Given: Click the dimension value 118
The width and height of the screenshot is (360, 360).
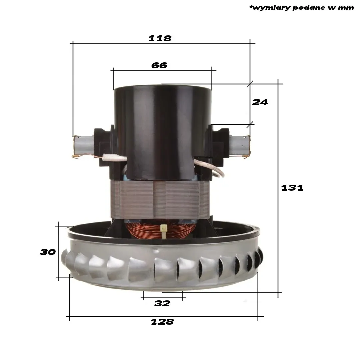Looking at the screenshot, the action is click(160, 38).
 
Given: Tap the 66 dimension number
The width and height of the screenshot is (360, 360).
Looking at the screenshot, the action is click(159, 65).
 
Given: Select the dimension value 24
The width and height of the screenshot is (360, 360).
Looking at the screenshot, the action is click(260, 102).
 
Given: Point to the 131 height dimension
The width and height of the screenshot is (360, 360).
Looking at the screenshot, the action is click(292, 188).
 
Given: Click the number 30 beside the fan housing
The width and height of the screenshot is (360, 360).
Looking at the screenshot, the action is click(48, 252).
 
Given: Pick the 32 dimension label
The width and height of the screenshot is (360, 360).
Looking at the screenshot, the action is click(162, 304).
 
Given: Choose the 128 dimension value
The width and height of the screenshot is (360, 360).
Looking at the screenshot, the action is click(162, 322).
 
